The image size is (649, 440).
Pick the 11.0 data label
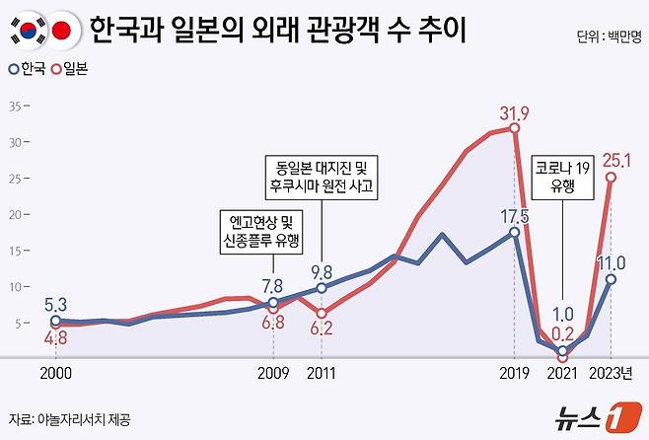(613, 260)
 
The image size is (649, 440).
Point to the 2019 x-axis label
(515, 374)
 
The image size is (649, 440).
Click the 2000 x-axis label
(54, 374)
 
